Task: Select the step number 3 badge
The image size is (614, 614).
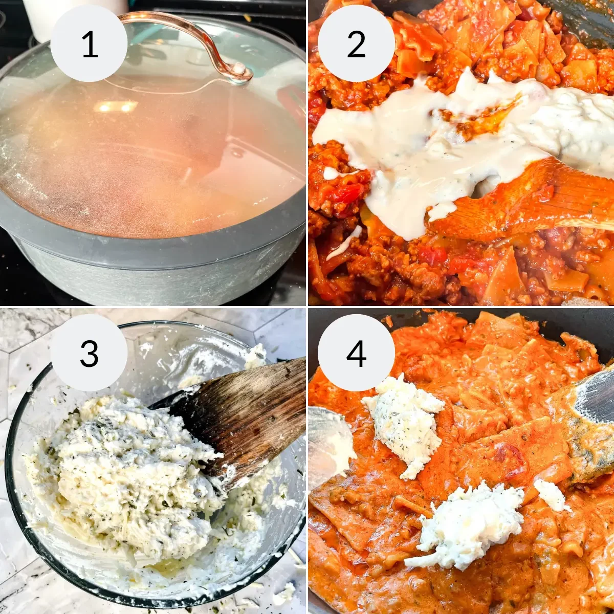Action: coord(89,353)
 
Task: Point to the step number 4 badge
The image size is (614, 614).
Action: coord(356,353)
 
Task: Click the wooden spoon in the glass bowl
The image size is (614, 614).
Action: coord(246,414)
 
